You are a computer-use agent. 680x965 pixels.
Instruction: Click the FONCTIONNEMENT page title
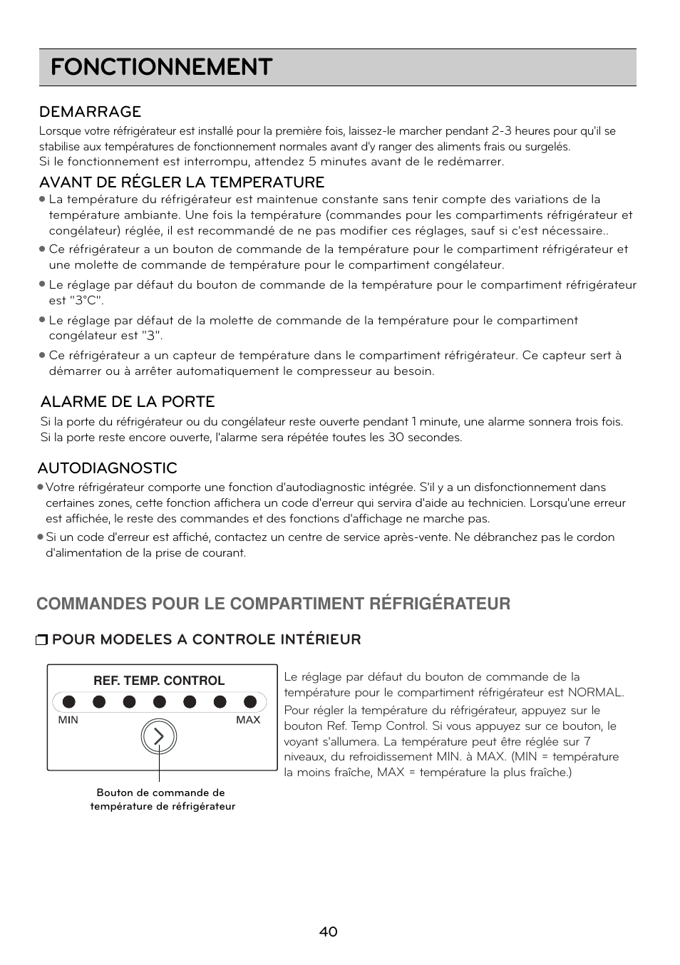[x=161, y=67]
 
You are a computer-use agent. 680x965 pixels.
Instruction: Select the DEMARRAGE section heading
[x=90, y=112]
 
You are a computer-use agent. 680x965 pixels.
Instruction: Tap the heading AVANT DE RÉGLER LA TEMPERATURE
[x=182, y=182]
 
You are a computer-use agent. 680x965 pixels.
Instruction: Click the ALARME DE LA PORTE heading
[x=128, y=402]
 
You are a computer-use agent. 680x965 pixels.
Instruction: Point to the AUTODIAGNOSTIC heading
[x=107, y=468]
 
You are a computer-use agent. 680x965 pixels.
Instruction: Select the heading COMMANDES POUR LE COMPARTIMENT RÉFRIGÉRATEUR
[x=273, y=604]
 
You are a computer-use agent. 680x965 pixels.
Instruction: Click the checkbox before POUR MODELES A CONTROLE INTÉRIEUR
[x=41, y=640]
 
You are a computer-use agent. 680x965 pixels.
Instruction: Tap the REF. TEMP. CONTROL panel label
[x=159, y=681]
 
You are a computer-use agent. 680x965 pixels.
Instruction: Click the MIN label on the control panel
[x=68, y=720]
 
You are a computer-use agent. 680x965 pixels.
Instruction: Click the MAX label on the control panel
[x=248, y=720]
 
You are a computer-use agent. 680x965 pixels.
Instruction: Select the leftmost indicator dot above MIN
[x=68, y=702]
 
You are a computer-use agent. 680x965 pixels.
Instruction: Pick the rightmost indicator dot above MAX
[x=250, y=702]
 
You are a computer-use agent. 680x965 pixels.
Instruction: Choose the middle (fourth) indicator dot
[x=160, y=702]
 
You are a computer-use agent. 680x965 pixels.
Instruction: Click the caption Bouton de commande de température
[x=162, y=799]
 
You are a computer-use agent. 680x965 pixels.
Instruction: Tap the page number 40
[x=329, y=932]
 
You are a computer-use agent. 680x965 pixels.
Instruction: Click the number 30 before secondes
[x=396, y=438]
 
